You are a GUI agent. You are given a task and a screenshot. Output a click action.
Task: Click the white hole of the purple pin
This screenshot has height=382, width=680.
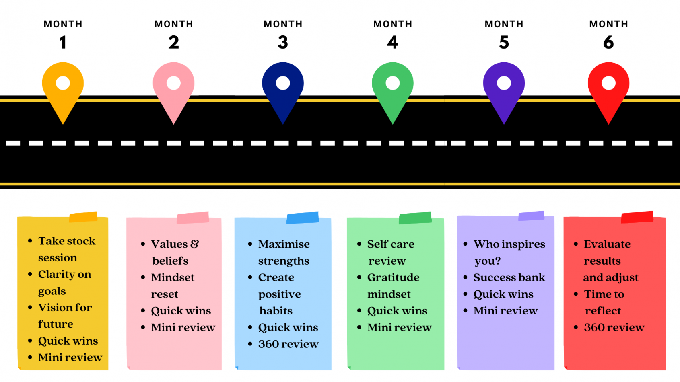point(504,83)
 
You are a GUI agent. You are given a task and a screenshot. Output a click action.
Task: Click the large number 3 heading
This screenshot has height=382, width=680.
point(283,43)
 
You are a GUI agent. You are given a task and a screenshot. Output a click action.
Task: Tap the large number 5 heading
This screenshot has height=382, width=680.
point(504,43)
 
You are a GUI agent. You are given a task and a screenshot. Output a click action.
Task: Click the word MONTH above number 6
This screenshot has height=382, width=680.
point(608,24)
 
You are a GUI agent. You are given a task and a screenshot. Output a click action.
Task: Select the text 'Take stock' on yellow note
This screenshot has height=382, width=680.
point(67,241)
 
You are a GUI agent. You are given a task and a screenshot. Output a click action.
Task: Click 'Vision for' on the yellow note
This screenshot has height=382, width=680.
point(65,308)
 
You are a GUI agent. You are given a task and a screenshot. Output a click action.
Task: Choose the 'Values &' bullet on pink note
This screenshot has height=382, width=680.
point(175,244)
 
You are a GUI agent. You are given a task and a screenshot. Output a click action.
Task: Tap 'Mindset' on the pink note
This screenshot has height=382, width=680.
point(173,277)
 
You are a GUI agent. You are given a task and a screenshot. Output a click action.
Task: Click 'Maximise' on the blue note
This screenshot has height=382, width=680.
point(284,244)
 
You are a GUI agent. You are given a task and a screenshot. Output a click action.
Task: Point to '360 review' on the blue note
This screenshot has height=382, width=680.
point(288,344)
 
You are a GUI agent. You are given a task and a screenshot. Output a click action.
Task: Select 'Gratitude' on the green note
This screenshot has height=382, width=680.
point(393,277)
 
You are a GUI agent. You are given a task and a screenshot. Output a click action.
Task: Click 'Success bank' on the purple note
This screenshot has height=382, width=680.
point(509,277)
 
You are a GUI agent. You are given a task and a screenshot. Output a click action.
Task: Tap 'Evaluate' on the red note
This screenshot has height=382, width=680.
point(607,244)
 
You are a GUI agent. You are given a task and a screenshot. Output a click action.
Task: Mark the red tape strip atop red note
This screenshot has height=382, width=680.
point(637,217)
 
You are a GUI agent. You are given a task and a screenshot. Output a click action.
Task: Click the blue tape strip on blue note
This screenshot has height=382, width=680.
point(303,218)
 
